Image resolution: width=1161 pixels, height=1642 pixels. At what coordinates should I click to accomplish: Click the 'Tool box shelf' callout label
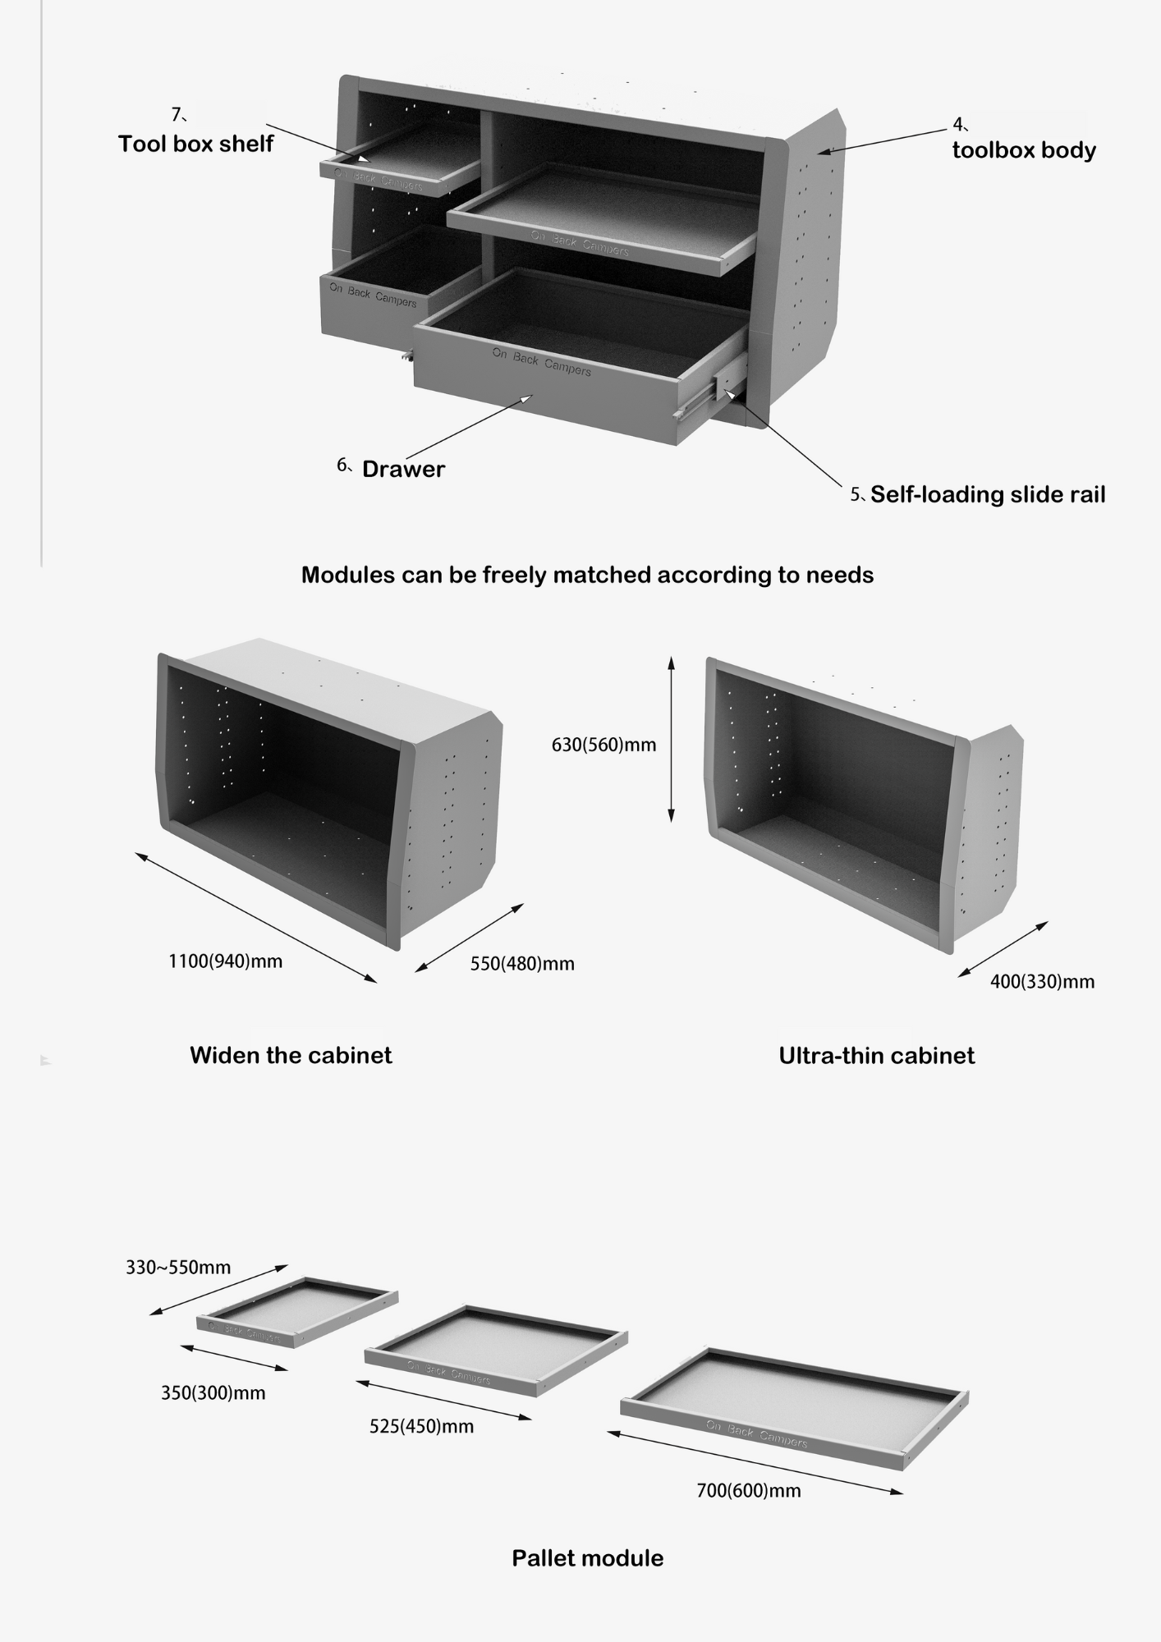tap(195, 144)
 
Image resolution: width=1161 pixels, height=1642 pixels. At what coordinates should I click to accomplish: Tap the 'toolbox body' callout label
tap(1024, 151)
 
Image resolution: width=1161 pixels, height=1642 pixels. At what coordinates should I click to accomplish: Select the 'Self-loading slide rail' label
tap(987, 495)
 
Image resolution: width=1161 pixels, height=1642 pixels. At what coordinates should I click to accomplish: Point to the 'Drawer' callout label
tap(403, 470)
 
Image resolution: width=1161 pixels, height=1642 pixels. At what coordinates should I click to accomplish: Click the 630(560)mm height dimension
tap(603, 745)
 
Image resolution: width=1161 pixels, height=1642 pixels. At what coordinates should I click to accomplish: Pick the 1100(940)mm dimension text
tap(225, 961)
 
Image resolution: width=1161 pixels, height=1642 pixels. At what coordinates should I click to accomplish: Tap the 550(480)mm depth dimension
tap(522, 964)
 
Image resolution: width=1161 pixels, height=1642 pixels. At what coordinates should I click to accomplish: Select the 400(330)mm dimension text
tap(1042, 982)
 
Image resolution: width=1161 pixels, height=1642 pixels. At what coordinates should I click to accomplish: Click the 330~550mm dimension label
tap(178, 1268)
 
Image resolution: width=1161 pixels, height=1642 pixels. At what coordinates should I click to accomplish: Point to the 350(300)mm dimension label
tap(213, 1393)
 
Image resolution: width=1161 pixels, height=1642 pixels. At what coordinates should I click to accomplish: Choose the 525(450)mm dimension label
tap(421, 1427)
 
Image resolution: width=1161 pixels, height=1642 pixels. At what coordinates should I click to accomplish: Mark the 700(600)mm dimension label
tap(748, 1491)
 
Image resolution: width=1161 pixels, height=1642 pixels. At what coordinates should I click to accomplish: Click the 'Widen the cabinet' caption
tap(291, 1056)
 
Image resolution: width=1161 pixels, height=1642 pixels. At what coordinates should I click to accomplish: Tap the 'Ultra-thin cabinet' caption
tap(876, 1056)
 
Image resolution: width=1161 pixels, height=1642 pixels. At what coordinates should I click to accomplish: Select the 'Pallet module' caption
tap(587, 1558)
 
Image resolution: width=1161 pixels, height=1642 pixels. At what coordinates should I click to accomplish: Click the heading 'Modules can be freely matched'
tap(587, 575)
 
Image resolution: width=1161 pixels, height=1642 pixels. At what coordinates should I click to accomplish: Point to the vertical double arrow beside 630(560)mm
tap(671, 739)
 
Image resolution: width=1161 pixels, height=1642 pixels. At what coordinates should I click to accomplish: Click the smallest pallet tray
tap(297, 1312)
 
